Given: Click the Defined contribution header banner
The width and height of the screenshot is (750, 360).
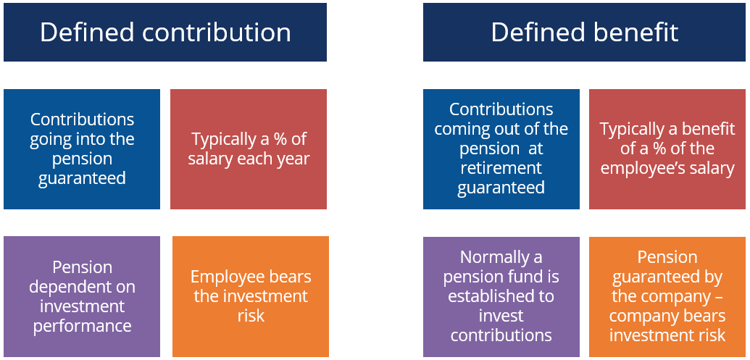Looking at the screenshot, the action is click(165, 32).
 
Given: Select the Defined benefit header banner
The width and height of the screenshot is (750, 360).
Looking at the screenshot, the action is click(585, 32).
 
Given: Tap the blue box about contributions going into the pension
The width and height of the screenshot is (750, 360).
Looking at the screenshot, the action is click(82, 149).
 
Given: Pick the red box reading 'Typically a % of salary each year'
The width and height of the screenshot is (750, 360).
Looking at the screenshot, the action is click(249, 149).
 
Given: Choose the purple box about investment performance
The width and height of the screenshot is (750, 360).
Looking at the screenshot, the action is click(82, 296).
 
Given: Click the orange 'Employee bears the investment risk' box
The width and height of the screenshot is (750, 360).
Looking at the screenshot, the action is click(251, 296).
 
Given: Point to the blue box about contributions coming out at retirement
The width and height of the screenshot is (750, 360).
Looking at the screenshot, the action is click(501, 149).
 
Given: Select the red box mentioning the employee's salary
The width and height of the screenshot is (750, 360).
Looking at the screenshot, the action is click(667, 149).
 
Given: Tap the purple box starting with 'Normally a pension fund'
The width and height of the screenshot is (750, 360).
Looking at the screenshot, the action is click(501, 297).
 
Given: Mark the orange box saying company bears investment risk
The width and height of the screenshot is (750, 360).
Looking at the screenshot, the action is click(667, 297).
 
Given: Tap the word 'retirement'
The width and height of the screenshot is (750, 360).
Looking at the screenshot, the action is click(501, 168).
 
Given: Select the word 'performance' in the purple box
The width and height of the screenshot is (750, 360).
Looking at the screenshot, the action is click(83, 326).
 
